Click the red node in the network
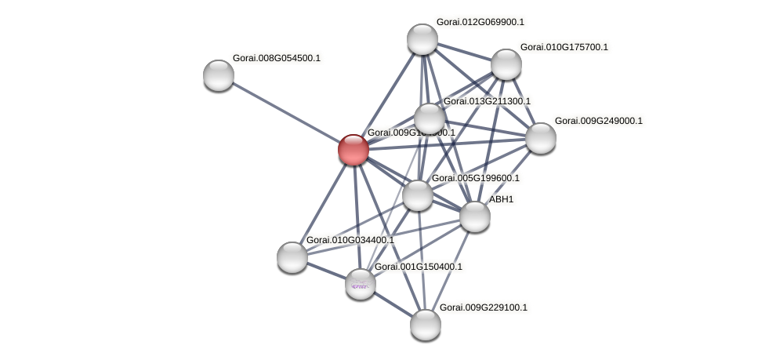[x=353, y=150]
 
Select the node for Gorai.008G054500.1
[x=219, y=75]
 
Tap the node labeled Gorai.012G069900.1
[x=422, y=39]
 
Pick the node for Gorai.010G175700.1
[x=506, y=64]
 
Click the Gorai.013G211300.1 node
[x=430, y=119]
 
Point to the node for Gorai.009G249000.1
[x=541, y=138]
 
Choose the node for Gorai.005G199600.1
[x=418, y=195]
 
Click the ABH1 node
[x=475, y=216]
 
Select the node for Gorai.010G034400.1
[x=292, y=257]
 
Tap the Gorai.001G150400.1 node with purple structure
[x=361, y=284]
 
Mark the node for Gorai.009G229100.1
[x=426, y=325]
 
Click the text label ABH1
[x=502, y=200]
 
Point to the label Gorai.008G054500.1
[x=276, y=58]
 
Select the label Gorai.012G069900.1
[x=480, y=22]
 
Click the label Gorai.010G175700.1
[x=564, y=47]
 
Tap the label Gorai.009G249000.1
[x=598, y=121]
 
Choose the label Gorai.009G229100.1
[x=484, y=307]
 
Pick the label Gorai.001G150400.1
[x=418, y=267]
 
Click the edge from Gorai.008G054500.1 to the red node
[x=286, y=112]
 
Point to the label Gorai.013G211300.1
[x=487, y=101]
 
